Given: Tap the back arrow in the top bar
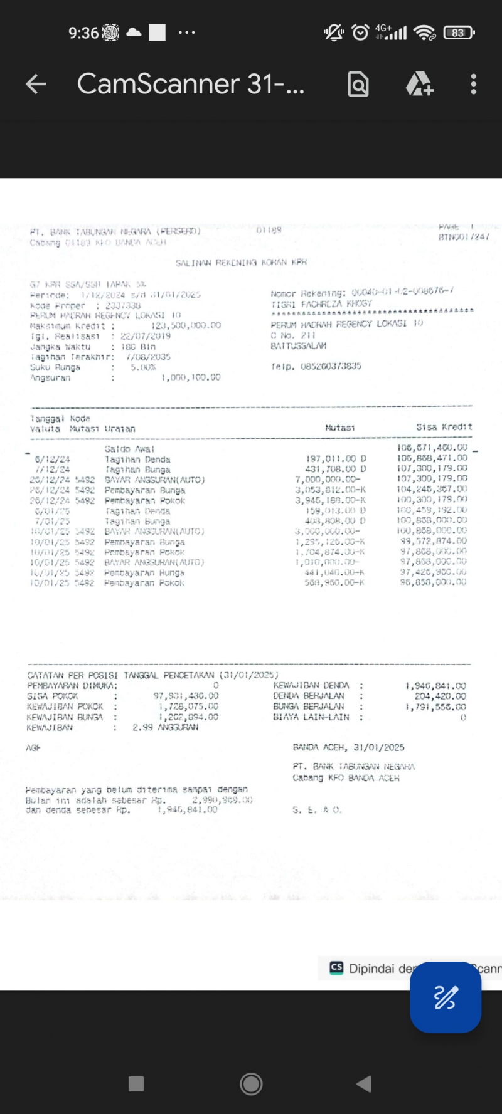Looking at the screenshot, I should pos(36,84).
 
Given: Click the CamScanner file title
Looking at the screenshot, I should pos(190,84).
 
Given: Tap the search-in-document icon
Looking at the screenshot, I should pos(358,84).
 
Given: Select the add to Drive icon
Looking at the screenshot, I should pos(419,84).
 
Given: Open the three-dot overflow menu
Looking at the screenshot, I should pos(473,84).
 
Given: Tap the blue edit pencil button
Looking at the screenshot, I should pos(445,997).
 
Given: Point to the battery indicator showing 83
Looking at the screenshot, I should pos(459,33).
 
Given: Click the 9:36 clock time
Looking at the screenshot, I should pos(83,33).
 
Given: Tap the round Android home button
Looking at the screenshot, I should pos(251,1083).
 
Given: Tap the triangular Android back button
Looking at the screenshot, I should pos(363,1083).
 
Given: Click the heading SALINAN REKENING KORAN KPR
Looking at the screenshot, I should pos(241,263).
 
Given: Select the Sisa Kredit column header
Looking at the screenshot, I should pos(444,427).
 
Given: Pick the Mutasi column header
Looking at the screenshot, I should pos(339,428).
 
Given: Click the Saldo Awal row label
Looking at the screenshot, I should pos(129,449).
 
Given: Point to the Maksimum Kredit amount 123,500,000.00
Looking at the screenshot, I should pos(186,325).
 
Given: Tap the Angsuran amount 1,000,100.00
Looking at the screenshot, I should pos(191,377).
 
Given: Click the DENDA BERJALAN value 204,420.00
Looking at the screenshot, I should pos(440,696).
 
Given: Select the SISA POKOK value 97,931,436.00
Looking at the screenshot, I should pos(186,696).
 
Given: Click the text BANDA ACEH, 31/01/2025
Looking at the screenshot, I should pos(348,747).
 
